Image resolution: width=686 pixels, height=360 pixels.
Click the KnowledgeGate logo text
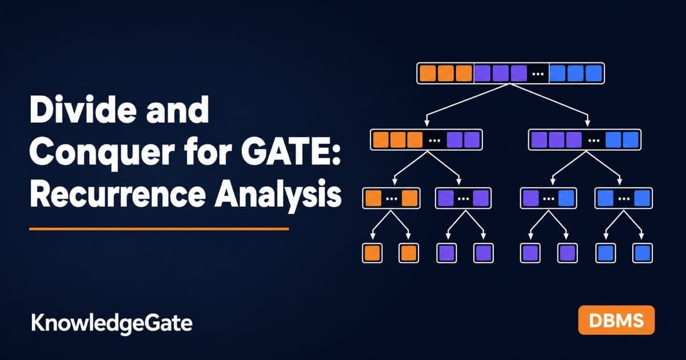[x=112, y=323]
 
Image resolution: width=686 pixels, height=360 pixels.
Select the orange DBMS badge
[x=616, y=320]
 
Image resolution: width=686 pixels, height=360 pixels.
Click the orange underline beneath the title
[x=159, y=229]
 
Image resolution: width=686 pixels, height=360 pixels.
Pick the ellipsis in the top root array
[x=538, y=74]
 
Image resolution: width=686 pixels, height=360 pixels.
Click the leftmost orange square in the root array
[x=428, y=74]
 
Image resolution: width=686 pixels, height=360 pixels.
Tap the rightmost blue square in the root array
[x=594, y=74]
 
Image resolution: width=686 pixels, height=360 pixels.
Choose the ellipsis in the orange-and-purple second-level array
[x=434, y=141]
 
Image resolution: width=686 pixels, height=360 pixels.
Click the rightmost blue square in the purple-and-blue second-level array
[x=631, y=140]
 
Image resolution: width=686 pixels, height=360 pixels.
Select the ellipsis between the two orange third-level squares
[x=392, y=199]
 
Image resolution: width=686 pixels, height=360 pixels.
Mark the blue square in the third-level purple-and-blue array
[x=567, y=198]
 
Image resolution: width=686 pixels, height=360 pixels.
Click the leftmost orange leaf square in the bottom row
[x=372, y=253]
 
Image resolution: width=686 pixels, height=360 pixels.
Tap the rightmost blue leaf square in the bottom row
[x=643, y=253]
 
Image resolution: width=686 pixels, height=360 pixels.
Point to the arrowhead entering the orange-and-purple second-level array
[x=426, y=123]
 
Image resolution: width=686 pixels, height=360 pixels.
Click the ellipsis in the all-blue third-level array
[x=624, y=199]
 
